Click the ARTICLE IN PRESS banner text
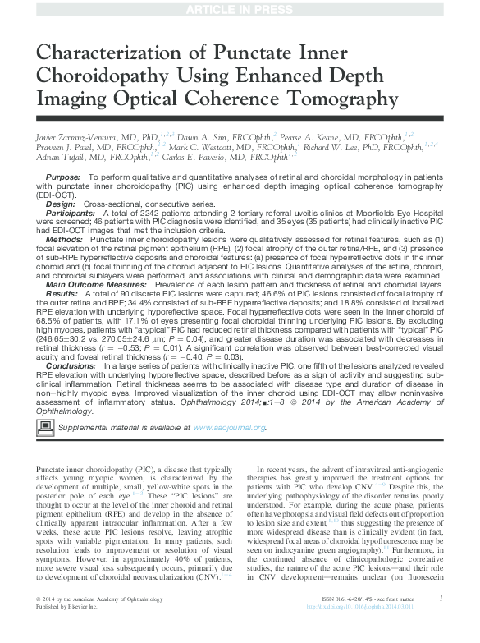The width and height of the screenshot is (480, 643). [240, 8]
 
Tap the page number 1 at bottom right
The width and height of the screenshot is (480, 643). [441, 621]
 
